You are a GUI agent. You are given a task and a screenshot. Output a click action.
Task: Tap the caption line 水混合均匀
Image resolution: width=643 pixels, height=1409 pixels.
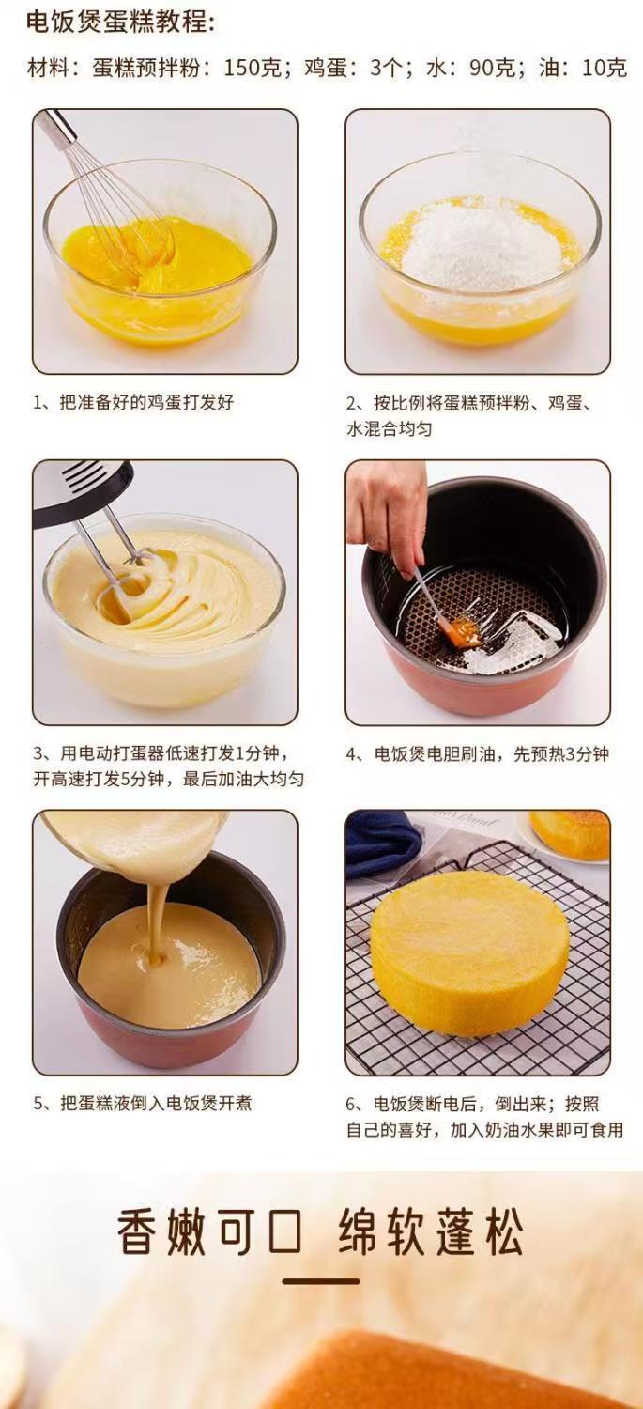click(389, 429)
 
